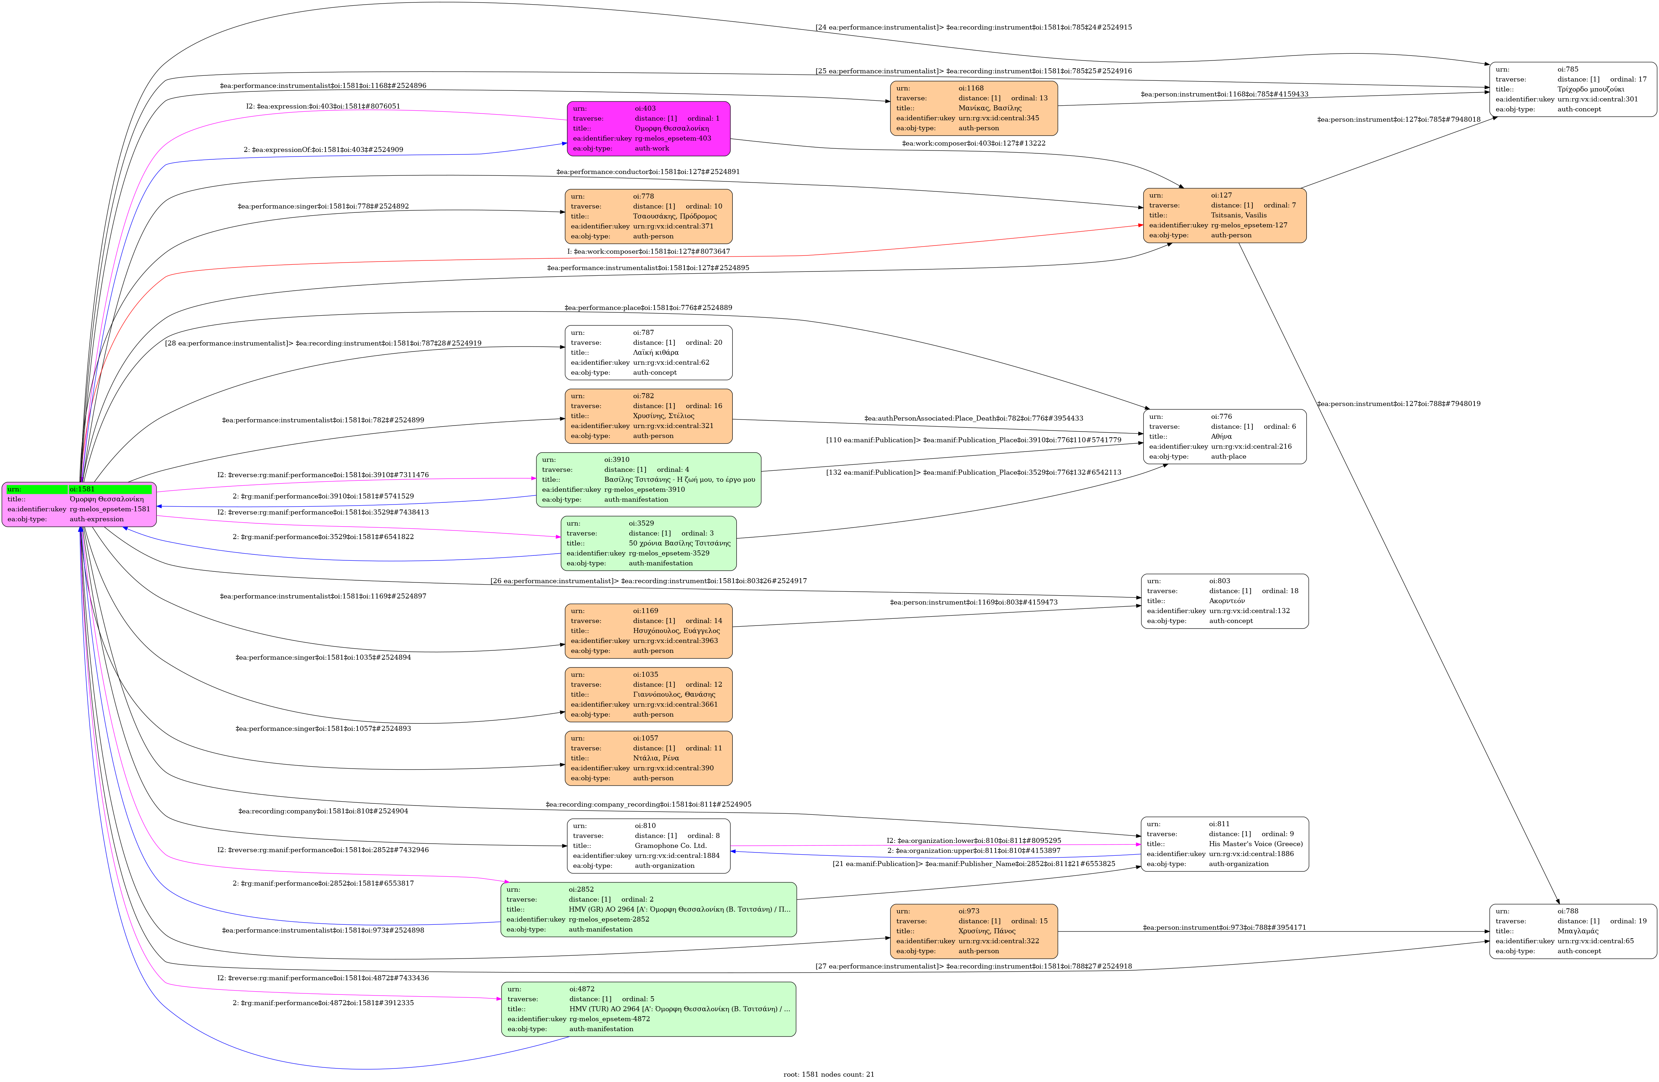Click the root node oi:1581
(79, 504)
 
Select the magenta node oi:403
(648, 129)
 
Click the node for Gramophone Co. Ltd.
(648, 846)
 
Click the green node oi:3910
(648, 480)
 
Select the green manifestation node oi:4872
(648, 1009)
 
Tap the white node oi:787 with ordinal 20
(648, 352)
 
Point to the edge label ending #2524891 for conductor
(648, 171)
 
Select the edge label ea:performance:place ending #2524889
(648, 307)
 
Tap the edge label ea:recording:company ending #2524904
(323, 811)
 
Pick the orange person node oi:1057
(648, 758)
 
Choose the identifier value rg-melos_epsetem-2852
(609, 919)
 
